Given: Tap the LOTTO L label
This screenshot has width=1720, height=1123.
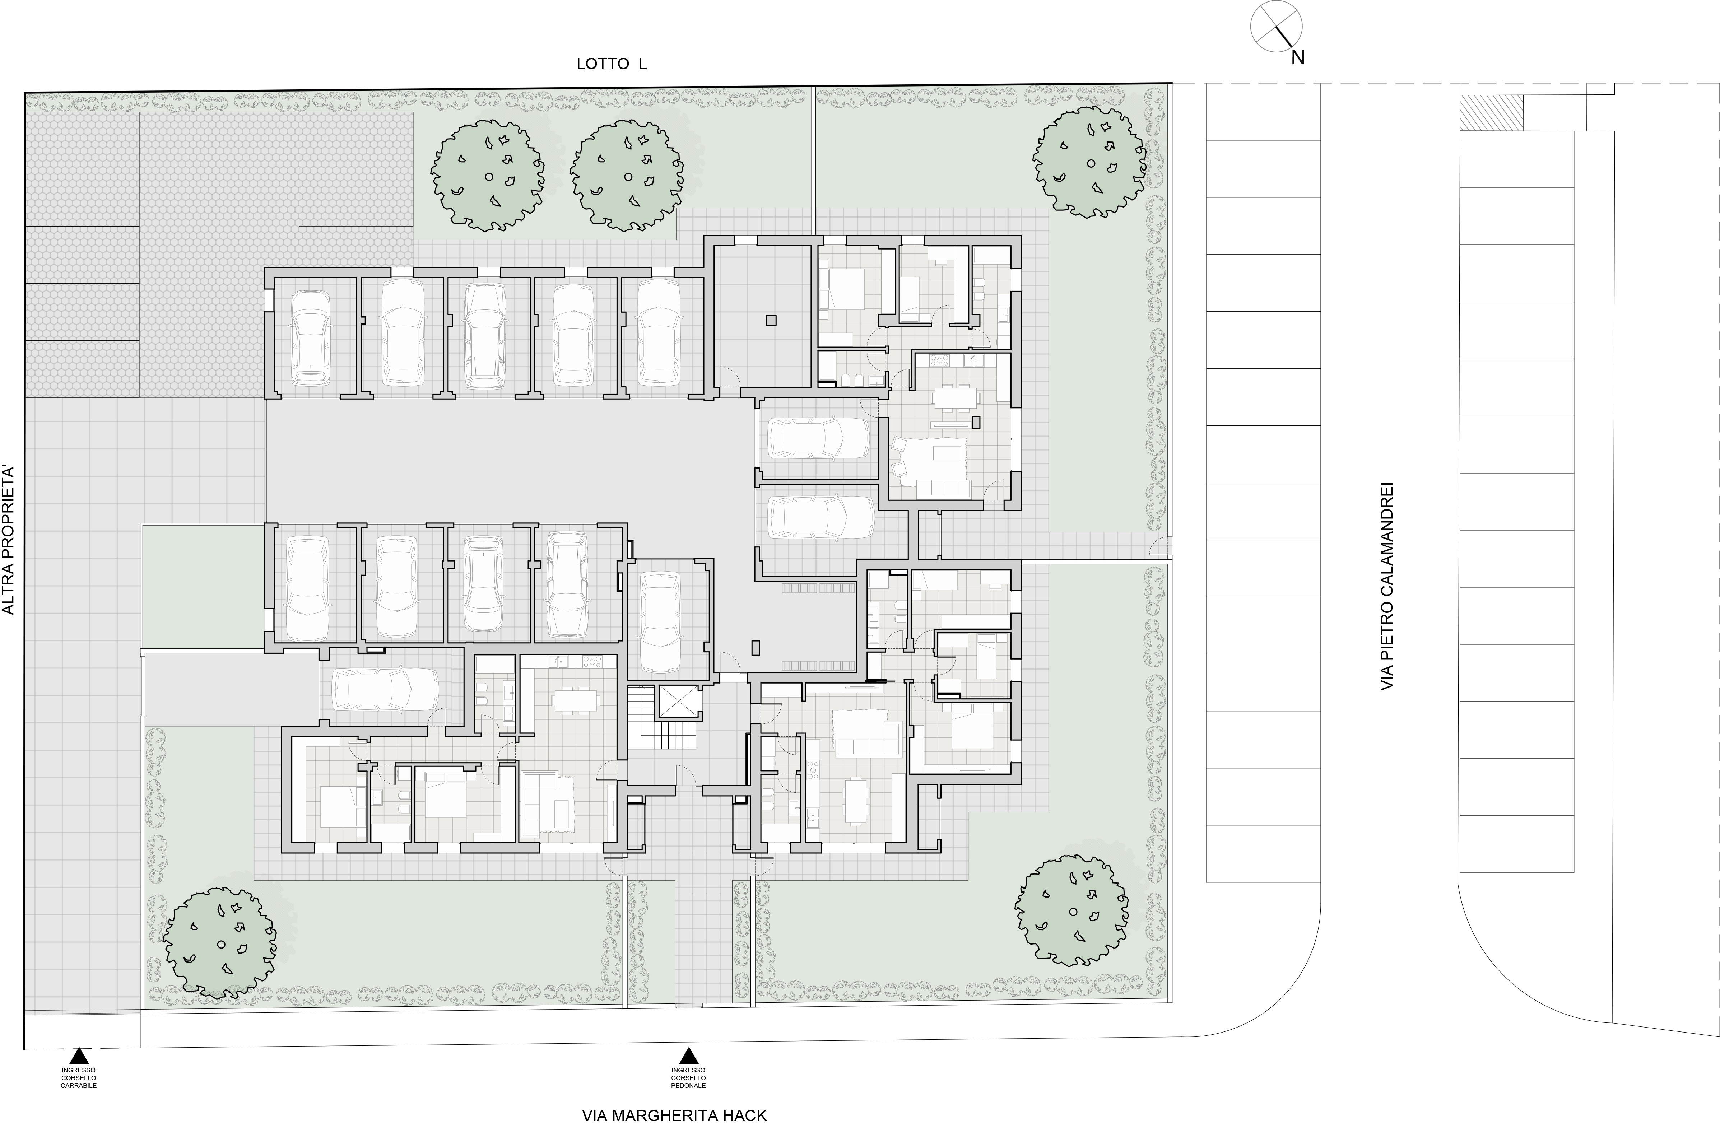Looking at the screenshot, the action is pos(612,64).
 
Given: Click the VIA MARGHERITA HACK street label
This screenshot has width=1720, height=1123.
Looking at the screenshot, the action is pos(674,1115).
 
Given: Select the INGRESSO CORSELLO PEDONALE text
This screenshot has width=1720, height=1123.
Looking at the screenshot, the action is pos(689,1077).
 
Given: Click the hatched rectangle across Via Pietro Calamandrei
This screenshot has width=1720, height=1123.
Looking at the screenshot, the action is pos(1491,113).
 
